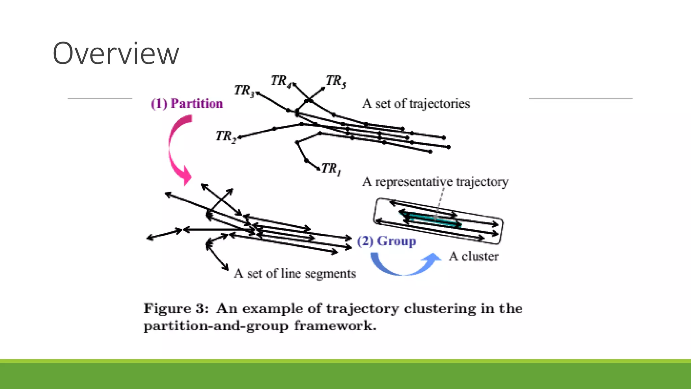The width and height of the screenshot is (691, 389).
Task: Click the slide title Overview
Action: (x=116, y=53)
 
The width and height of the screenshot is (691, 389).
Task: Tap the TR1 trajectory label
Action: (x=331, y=168)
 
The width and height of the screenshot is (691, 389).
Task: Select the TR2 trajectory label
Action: (x=226, y=136)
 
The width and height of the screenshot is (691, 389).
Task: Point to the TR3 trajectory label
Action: (x=244, y=90)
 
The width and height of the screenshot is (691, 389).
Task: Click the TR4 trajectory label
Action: (x=280, y=81)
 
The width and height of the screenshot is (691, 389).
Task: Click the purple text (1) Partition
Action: (x=187, y=103)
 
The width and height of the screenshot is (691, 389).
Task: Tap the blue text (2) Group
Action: (x=387, y=241)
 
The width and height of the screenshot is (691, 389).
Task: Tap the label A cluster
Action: (x=473, y=256)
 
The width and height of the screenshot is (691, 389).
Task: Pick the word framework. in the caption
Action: (x=335, y=326)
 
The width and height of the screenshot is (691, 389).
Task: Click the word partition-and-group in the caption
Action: (x=216, y=326)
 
